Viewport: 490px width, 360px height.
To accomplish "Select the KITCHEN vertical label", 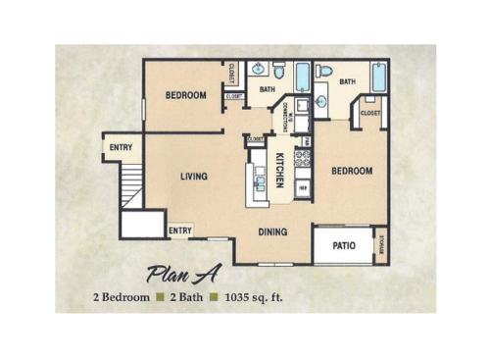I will tap(279, 171).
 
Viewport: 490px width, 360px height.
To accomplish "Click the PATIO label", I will tap(343, 245).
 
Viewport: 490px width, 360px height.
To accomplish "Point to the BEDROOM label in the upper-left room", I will tap(184, 95).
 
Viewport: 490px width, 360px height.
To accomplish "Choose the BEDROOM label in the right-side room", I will tap(351, 171).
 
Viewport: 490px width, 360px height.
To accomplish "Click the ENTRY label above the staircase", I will tap(122, 148).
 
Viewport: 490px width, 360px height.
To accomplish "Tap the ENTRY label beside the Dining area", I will tap(180, 231).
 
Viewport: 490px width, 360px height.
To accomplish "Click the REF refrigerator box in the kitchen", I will tap(303, 186).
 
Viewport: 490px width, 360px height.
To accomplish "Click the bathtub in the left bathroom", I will tap(302, 76).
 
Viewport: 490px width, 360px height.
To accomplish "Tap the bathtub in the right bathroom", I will tap(378, 76).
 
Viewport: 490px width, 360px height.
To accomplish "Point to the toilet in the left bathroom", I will tap(279, 71).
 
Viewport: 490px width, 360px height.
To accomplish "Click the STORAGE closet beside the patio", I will tap(380, 245).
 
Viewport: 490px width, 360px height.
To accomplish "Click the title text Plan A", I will tap(186, 273).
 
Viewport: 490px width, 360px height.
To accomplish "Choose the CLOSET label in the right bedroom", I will tap(369, 113).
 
